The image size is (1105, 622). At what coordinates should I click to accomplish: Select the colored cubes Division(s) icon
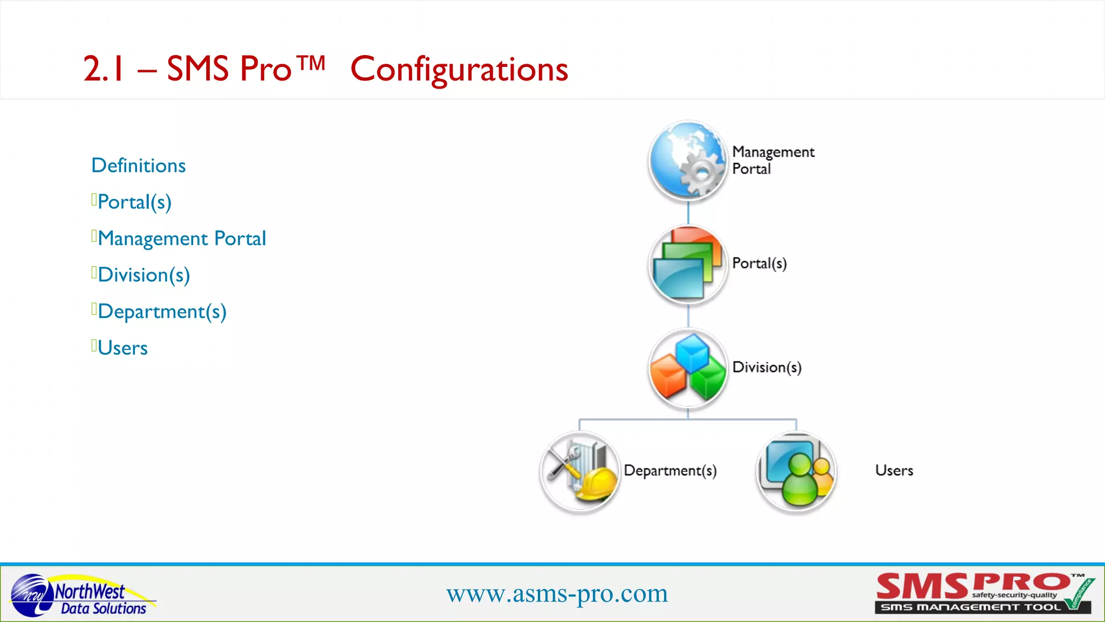click(x=688, y=368)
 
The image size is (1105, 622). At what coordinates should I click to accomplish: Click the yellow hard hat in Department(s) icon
click(x=597, y=483)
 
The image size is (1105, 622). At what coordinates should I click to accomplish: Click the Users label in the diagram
click(x=894, y=471)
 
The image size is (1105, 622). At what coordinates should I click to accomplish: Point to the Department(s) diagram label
click(x=670, y=471)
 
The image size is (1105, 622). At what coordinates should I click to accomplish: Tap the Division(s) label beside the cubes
click(x=767, y=368)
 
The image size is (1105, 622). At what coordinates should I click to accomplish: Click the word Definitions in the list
click(x=139, y=166)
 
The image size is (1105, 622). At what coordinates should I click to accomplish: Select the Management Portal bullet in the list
click(x=182, y=239)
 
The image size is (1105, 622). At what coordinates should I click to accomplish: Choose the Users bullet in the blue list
click(x=122, y=348)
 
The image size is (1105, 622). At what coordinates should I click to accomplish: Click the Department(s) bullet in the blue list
click(x=162, y=312)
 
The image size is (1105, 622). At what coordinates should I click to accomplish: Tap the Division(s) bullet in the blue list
click(x=144, y=275)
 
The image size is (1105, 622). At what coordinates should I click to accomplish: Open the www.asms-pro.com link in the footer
click(x=557, y=594)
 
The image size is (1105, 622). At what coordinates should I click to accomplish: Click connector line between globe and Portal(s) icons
click(x=688, y=213)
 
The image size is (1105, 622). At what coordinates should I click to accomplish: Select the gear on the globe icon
click(x=702, y=173)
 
